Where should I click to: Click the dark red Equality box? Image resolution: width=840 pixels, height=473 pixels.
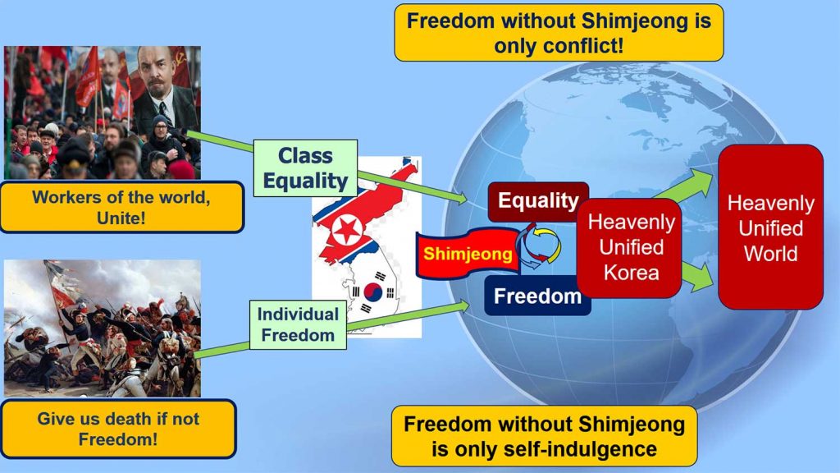coord(538,201)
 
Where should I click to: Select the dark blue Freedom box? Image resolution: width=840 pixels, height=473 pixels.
coord(537,296)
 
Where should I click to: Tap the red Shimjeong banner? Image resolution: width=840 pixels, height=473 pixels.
coord(468,253)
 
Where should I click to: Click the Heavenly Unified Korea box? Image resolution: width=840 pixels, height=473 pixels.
coord(631,247)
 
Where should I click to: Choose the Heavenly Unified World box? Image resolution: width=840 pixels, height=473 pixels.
coord(770,227)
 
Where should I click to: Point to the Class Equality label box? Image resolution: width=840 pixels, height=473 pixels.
coord(305,168)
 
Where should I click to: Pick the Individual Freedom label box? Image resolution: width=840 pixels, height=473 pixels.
coord(298,324)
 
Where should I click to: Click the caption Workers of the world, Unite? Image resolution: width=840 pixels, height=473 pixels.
coord(121,207)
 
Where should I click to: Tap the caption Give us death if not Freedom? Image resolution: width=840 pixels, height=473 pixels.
coord(118,429)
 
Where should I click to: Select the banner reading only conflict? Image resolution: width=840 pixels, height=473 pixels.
coord(559,33)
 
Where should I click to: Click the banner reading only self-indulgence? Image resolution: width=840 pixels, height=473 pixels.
coord(545,436)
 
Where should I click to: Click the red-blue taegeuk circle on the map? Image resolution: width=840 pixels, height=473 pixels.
coord(373,292)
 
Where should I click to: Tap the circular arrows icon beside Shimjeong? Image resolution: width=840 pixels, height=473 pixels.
coord(538,246)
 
